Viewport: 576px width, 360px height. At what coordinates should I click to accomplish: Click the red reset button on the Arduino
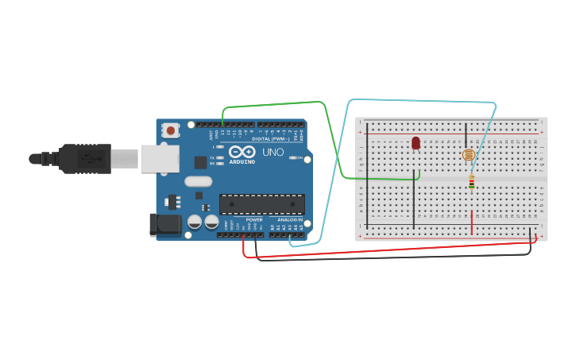pos(170,130)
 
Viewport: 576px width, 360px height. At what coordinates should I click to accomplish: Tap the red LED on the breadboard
pos(416,143)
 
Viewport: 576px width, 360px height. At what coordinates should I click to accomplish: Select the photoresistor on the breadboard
pos(468,155)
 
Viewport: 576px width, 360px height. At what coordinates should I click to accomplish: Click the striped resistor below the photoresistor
pos(472,183)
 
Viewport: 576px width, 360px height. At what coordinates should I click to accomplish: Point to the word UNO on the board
pos(273,152)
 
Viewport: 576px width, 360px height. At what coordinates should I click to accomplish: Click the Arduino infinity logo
pos(242,152)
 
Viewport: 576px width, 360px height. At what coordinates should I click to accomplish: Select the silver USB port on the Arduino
pos(159,158)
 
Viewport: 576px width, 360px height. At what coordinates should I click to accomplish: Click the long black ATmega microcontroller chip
pos(261,204)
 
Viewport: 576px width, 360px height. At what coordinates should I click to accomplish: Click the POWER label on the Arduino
pos(253,219)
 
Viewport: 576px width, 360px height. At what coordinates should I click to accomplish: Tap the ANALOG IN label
pos(290,219)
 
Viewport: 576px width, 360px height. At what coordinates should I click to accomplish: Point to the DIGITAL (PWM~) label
pos(271,138)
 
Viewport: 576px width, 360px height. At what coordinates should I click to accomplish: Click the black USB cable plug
pos(83,158)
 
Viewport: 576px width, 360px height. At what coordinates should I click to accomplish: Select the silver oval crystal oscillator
pos(198,181)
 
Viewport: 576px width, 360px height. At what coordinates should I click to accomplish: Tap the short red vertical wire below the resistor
pos(472,223)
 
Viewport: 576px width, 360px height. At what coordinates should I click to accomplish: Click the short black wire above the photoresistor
pos(466,133)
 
